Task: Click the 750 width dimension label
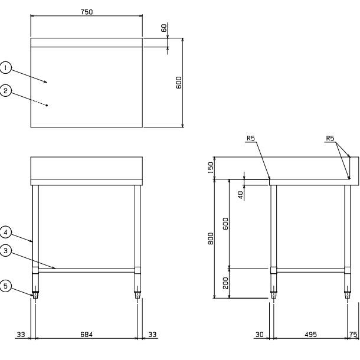click(x=87, y=12)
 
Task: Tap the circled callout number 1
click(x=5, y=68)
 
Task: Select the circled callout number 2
click(x=5, y=90)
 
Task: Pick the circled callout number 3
click(x=5, y=250)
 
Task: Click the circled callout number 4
click(x=5, y=233)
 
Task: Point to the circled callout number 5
click(x=5, y=286)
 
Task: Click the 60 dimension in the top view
click(x=164, y=28)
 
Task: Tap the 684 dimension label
click(x=87, y=335)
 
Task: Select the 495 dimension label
click(x=310, y=335)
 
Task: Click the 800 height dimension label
click(x=211, y=238)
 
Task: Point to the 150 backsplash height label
click(x=211, y=168)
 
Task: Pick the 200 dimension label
click(x=226, y=283)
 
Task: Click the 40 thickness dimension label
click(x=240, y=195)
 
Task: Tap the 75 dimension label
click(x=354, y=335)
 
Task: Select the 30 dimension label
click(x=260, y=335)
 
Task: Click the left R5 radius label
click(x=251, y=138)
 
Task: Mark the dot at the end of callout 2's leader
click(x=47, y=106)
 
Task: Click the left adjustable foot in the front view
click(x=35, y=293)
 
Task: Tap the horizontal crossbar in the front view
click(x=86, y=270)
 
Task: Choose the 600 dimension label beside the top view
click(x=179, y=83)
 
